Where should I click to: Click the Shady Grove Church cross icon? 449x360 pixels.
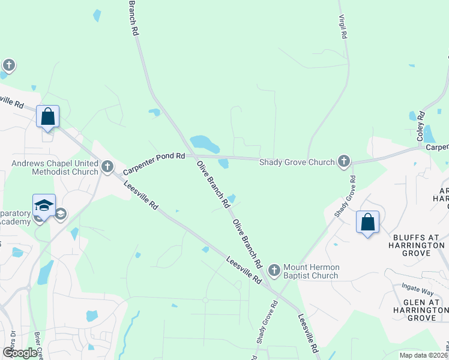tap(343, 161)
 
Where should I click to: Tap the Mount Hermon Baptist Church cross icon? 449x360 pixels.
tap(274, 271)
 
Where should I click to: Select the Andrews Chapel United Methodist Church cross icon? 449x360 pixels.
tap(107, 166)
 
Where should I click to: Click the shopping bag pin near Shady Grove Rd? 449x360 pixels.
tap(368, 223)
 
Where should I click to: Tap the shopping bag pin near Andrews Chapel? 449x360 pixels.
tap(48, 117)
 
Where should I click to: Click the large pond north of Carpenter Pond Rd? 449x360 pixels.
tap(204, 143)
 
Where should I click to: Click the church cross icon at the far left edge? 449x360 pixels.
tap(8, 65)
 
